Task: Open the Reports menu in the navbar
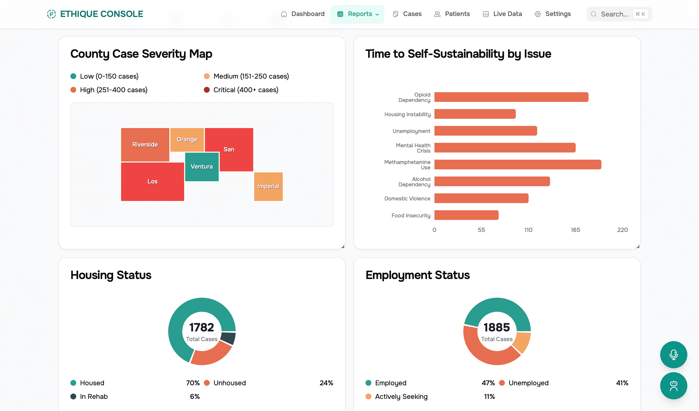(x=357, y=14)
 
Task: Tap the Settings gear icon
(x=538, y=14)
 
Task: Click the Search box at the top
(x=614, y=14)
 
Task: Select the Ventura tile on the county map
(x=202, y=167)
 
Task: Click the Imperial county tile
(x=268, y=186)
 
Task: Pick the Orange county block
(x=187, y=140)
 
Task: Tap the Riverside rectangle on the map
(x=145, y=145)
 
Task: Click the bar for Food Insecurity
(x=466, y=215)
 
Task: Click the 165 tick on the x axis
(x=575, y=230)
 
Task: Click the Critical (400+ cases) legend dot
(x=207, y=90)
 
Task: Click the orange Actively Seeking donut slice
(x=522, y=343)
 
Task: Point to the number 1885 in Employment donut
(x=497, y=327)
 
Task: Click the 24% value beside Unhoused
(x=326, y=383)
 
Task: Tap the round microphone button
(x=673, y=355)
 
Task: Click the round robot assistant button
(x=673, y=386)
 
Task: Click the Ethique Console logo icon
(x=51, y=14)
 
